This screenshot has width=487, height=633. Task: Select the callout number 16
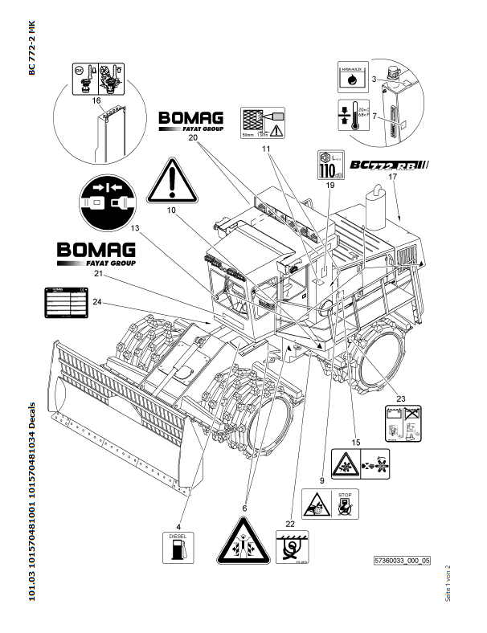pyautogui.click(x=96, y=100)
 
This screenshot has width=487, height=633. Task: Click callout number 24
pyautogui.click(x=96, y=302)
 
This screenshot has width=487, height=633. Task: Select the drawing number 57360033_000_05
pyautogui.click(x=402, y=559)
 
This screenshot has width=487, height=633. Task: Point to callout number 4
pyautogui.click(x=178, y=504)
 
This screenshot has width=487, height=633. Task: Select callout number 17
pyautogui.click(x=393, y=177)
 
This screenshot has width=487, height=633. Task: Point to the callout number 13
pyautogui.click(x=134, y=228)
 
